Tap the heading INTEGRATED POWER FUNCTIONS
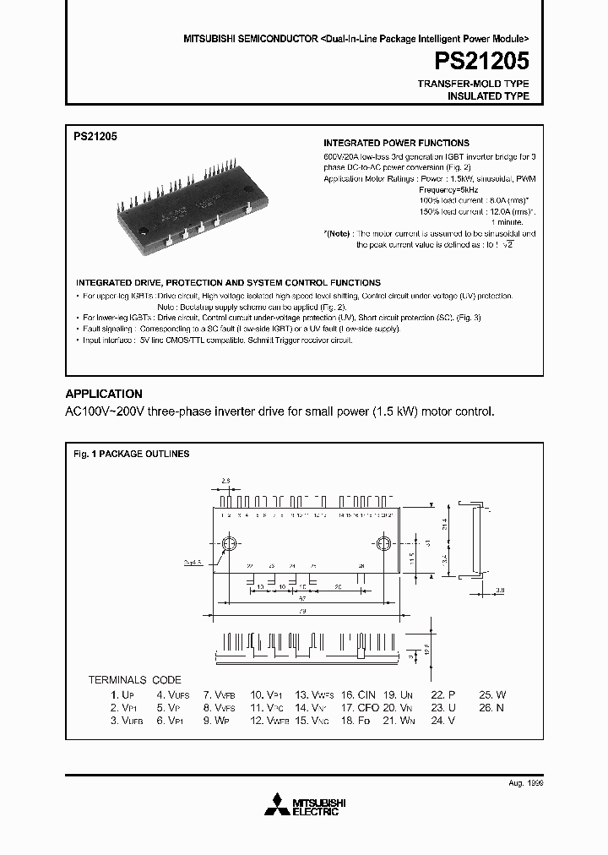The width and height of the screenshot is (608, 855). pyautogui.click(x=397, y=143)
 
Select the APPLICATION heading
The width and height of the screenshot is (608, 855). pyautogui.click(x=104, y=394)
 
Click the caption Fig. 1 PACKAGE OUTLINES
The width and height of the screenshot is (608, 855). pyautogui.click(x=131, y=454)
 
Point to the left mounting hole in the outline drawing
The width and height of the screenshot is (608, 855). pyautogui.click(x=228, y=543)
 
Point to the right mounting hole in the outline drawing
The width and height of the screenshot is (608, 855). pyautogui.click(x=382, y=543)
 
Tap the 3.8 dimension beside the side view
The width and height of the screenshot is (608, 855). pyautogui.click(x=500, y=590)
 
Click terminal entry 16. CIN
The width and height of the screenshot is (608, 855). pyautogui.click(x=359, y=694)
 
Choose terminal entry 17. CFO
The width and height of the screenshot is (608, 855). pyautogui.click(x=361, y=708)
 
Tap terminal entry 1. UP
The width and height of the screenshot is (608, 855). pyautogui.click(x=122, y=694)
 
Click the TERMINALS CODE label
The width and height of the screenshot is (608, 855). pyautogui.click(x=135, y=679)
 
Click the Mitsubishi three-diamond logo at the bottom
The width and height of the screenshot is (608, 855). pyautogui.click(x=277, y=806)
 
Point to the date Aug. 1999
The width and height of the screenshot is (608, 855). pyautogui.click(x=525, y=783)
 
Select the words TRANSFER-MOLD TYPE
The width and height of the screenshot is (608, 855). pyautogui.click(x=475, y=84)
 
